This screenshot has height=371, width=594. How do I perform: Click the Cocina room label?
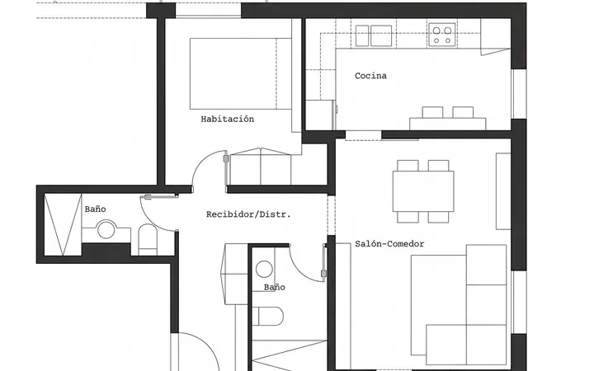[x=370, y=76]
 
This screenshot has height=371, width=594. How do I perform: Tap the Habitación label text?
[x=228, y=120]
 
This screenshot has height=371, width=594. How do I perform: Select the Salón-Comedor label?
[x=389, y=244]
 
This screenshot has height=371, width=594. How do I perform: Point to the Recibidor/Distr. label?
[x=248, y=214]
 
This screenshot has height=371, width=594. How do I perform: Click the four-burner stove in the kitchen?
[x=442, y=35]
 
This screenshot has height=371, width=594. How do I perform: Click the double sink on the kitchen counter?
[x=374, y=35]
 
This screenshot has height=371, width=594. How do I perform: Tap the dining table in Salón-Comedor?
[x=423, y=191]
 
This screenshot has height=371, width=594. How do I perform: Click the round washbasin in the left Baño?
[x=106, y=230]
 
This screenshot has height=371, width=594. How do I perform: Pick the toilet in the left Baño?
[x=148, y=239]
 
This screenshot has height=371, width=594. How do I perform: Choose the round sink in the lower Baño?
[x=264, y=269]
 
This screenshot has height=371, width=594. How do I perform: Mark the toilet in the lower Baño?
[x=268, y=316]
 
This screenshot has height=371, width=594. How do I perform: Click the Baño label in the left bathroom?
[x=95, y=209]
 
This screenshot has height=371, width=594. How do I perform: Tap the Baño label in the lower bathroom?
[x=274, y=288]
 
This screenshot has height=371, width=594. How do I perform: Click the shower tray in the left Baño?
[x=63, y=225]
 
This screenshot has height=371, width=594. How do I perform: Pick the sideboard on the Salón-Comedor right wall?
[x=503, y=191]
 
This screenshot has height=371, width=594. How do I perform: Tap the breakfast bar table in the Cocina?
[x=447, y=124]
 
